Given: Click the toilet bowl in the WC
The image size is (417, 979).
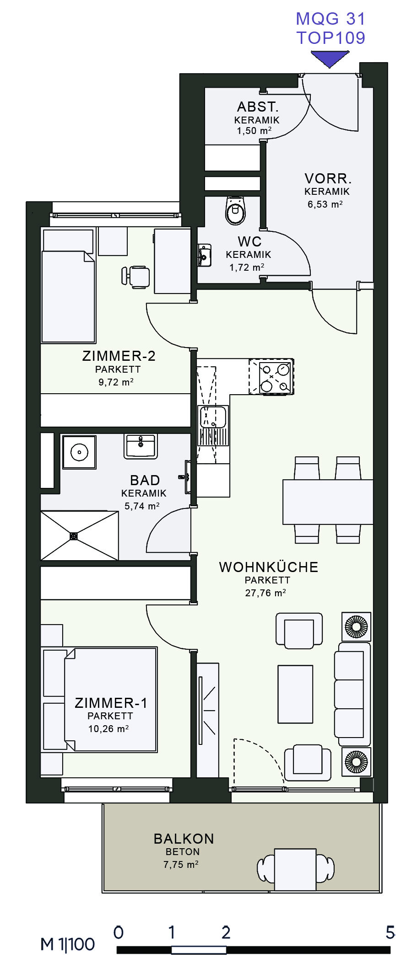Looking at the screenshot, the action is click(236, 211).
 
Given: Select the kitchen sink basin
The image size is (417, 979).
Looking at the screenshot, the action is click(213, 417).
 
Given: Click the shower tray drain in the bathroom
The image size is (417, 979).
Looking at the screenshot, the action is click(74, 536).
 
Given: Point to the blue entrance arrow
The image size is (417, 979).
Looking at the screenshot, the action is click(330, 59).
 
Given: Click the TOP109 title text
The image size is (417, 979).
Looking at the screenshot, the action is click(331, 38).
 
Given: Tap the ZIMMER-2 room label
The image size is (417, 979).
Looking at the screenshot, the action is click(119, 356).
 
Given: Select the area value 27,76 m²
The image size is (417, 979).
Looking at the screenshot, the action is click(265, 593).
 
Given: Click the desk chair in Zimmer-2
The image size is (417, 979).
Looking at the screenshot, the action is click(136, 277).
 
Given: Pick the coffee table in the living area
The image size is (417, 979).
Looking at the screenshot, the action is click(296, 694).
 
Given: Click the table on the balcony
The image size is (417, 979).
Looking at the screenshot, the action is click(295, 869).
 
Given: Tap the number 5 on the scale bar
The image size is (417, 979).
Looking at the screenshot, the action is click(390, 932).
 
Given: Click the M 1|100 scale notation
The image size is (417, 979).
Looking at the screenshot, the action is click(68, 944).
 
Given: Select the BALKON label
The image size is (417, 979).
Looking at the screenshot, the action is click(184, 839).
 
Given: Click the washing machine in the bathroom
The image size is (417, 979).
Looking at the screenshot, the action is click(79, 452).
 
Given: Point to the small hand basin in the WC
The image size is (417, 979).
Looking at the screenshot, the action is click(204, 255).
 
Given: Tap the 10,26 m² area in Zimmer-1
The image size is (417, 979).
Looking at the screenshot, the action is click(108, 729).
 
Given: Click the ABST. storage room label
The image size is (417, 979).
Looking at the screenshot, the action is click(258, 107).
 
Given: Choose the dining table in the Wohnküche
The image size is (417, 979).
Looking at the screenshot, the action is click(328, 502).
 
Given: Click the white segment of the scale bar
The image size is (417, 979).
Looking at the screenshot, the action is click(199, 950).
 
